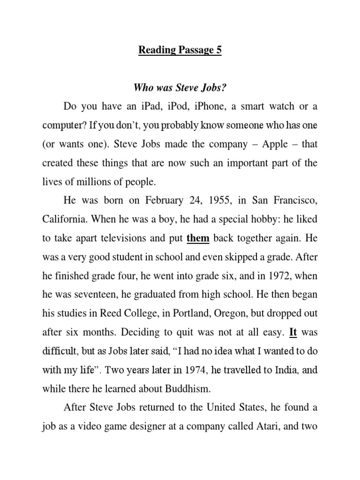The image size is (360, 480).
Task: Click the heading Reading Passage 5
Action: (180, 50)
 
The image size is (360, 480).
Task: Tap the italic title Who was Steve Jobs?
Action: (180, 88)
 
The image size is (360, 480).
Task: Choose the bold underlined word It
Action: (293, 332)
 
